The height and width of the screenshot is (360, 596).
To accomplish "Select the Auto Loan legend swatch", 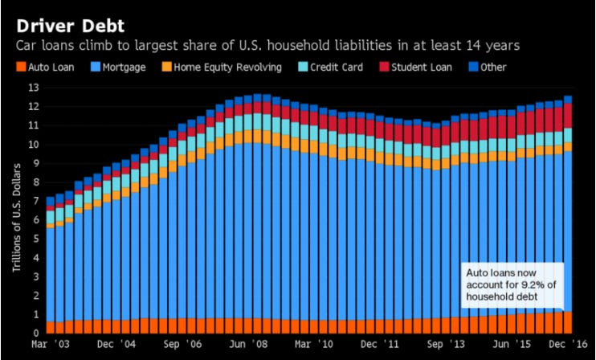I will tap(20, 67).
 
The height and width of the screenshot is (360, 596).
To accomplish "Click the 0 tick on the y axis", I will tap(35, 333).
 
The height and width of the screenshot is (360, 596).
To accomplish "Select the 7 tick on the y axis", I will tap(35, 201).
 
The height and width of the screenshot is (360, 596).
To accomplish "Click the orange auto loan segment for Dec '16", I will tap(567, 322).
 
